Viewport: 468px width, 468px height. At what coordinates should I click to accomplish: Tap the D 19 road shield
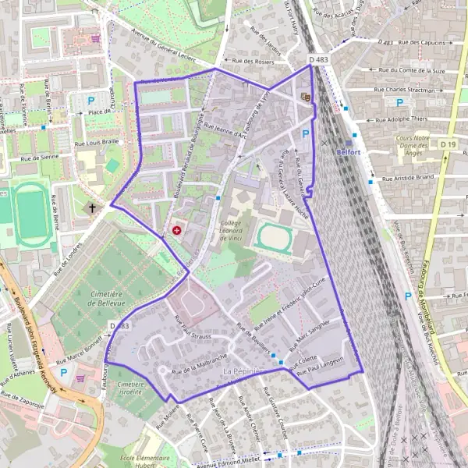tap(447, 144)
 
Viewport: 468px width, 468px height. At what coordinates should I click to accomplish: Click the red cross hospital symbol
tap(177, 231)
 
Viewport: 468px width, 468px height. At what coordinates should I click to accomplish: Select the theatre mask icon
tap(305, 96)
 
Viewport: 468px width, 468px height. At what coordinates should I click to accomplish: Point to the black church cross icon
tap(92, 208)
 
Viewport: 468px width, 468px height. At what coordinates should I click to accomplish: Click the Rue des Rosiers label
tap(249, 60)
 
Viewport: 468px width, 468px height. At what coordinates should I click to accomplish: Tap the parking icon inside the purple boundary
tap(306, 134)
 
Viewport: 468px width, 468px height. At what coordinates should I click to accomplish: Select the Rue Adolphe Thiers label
tap(403, 119)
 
